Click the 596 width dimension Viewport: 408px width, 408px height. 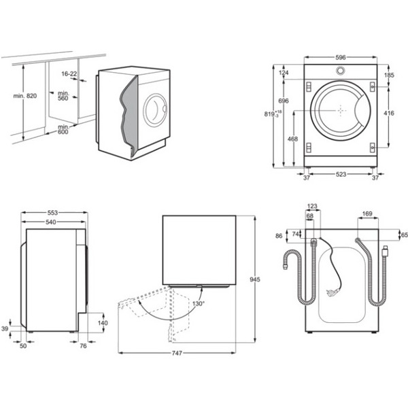(339, 58)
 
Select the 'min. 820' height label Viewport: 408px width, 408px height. (24, 96)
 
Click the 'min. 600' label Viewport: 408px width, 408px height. (64, 129)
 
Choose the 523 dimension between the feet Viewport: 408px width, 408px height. (339, 175)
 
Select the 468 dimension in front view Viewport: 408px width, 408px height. (293, 139)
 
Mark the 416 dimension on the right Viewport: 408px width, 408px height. (389, 113)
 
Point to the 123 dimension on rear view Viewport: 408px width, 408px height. (313, 206)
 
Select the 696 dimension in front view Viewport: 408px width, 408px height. (284, 101)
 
